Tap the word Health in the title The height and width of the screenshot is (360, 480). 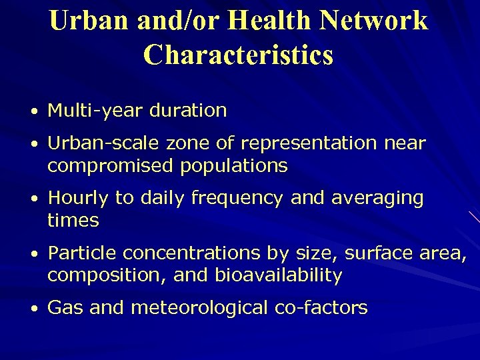[269, 21]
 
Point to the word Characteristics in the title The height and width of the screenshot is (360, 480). [238, 55]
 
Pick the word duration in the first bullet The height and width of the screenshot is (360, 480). [188, 111]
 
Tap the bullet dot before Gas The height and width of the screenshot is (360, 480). [39, 309]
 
